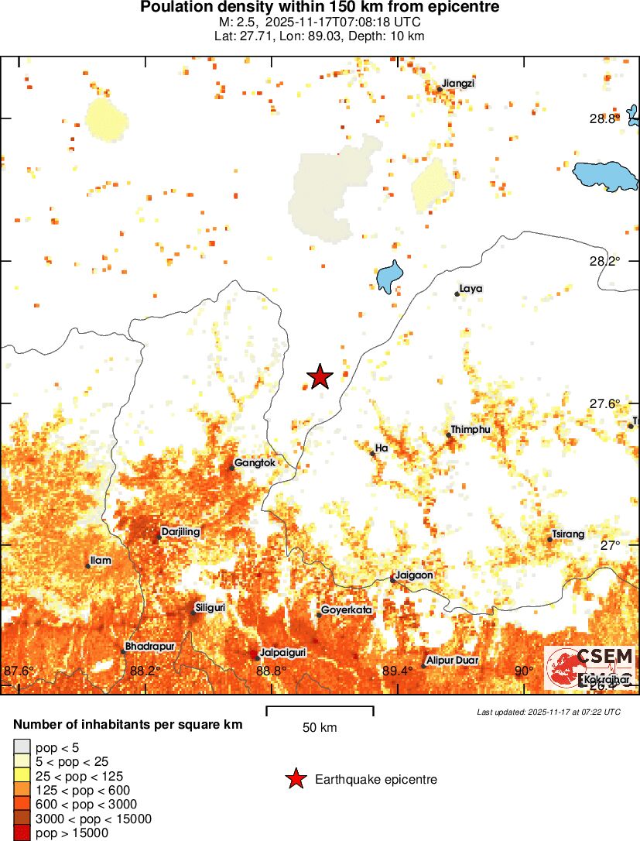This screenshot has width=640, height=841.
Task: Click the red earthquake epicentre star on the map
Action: (x=320, y=376)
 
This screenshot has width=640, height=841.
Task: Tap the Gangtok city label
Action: (x=255, y=462)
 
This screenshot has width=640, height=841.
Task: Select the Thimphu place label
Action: (x=470, y=430)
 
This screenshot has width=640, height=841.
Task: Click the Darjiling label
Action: (x=181, y=532)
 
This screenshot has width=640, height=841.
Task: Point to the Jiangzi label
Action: (x=459, y=84)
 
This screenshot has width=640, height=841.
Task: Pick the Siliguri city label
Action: (x=210, y=608)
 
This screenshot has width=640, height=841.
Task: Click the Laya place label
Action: (x=471, y=289)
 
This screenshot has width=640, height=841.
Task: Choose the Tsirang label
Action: (x=569, y=534)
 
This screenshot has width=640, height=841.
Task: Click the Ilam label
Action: (x=101, y=560)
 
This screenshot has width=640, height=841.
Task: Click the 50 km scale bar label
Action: (x=320, y=728)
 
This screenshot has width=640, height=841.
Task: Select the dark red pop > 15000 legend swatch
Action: (x=22, y=832)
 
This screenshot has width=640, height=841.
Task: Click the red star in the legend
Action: (x=295, y=780)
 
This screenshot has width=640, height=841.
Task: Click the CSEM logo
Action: (x=590, y=668)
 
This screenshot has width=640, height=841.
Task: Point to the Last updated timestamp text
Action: (x=548, y=712)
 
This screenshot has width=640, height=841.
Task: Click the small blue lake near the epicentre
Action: (x=389, y=276)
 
